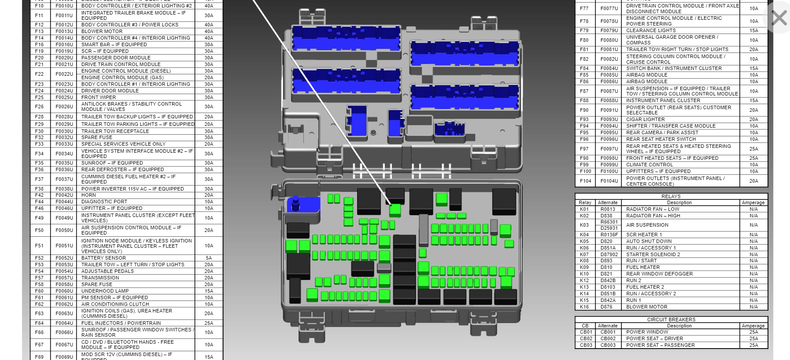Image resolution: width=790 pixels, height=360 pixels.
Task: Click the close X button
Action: [779, 18]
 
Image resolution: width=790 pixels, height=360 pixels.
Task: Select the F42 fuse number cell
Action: [39, 195]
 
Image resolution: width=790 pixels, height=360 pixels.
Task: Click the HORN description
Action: [89, 195]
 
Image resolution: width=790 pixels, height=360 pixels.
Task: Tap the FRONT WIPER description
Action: [99, 97]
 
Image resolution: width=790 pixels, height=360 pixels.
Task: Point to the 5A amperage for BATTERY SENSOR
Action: [209, 258]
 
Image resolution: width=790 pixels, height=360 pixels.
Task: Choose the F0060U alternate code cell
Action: [64, 291]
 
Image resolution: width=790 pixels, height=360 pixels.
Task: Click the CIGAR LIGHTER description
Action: [646, 119]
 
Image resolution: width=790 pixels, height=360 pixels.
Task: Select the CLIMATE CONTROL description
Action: [650, 165]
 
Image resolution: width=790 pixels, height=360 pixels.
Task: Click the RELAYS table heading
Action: [671, 196]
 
